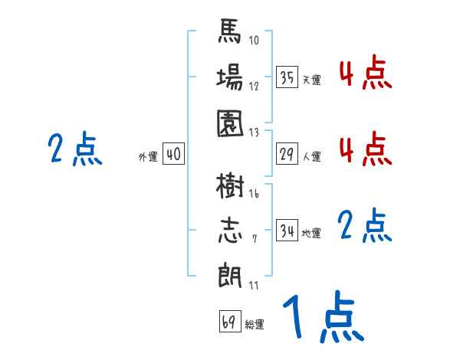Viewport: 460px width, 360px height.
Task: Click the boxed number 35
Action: (x=287, y=77)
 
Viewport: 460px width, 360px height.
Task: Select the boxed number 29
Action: (x=287, y=155)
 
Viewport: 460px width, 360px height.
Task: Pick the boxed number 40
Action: (x=173, y=155)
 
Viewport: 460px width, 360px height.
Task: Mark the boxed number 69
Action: (x=229, y=322)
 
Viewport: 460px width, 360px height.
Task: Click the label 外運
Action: (x=148, y=156)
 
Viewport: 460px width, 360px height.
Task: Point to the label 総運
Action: (x=255, y=324)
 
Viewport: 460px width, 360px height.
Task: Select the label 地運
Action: (x=311, y=233)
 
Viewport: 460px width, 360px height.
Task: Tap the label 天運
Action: (x=311, y=80)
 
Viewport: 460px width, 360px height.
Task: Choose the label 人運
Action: (x=311, y=157)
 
